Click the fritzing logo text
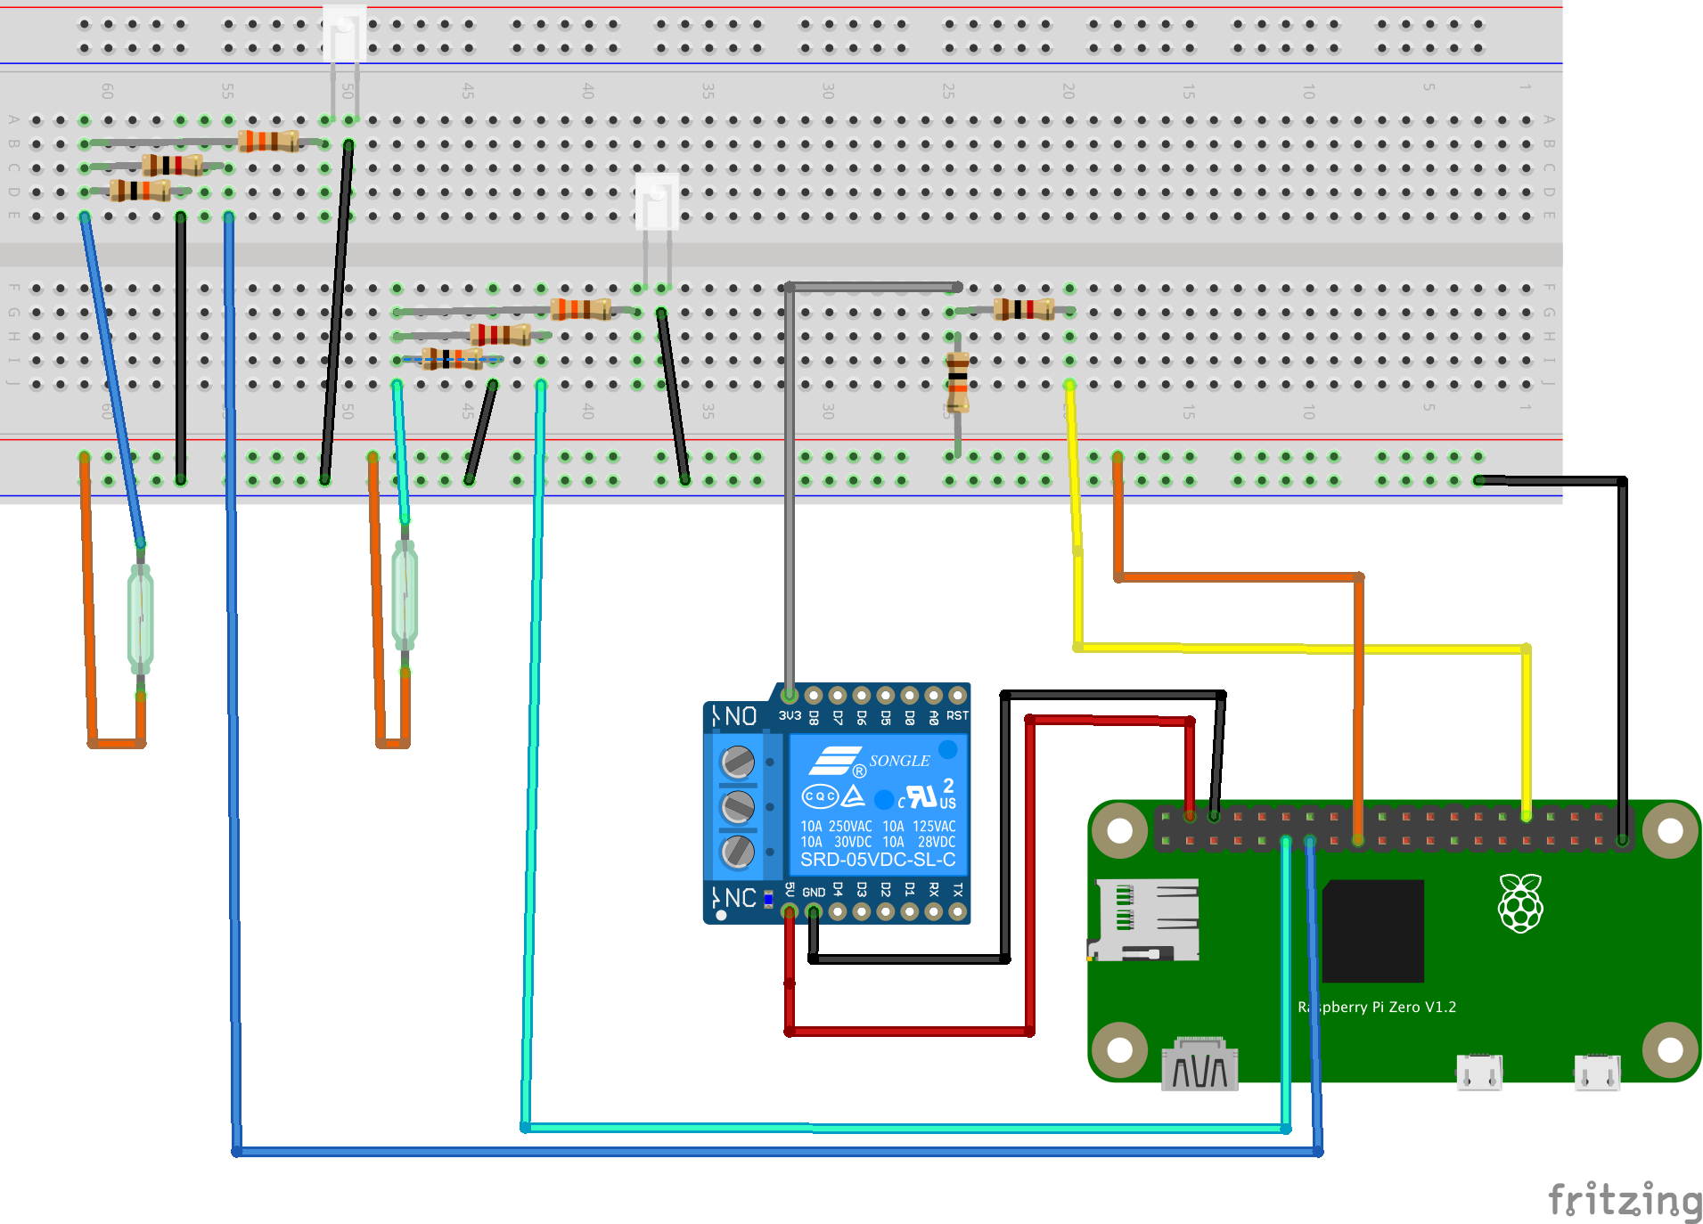click(x=1624, y=1200)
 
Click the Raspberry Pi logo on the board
click(x=1520, y=903)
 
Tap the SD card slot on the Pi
click(x=1146, y=919)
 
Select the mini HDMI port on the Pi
click(x=1199, y=1065)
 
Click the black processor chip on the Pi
click(x=1372, y=931)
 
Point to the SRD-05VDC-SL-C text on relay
click(x=878, y=860)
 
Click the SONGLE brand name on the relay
click(x=899, y=761)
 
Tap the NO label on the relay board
click(x=740, y=716)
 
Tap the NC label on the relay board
click(x=740, y=898)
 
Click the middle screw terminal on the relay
click(x=738, y=807)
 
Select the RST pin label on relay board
click(x=957, y=716)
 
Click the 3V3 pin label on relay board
click(x=790, y=716)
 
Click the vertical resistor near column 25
click(x=957, y=381)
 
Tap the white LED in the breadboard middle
click(x=657, y=202)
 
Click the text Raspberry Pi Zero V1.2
click(x=1377, y=1008)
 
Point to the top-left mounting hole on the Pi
click(x=1120, y=831)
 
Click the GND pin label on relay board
click(x=814, y=892)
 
